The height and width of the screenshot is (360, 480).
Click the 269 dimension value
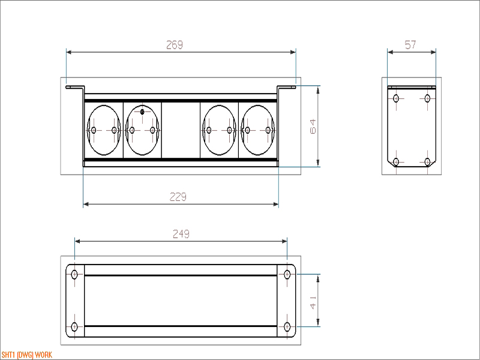175,45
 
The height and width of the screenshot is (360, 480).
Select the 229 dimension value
178,197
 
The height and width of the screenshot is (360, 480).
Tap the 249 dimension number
181,234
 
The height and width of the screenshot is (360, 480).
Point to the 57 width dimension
410,45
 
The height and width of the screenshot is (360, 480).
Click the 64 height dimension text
313,127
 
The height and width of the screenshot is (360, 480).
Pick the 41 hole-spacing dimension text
313,302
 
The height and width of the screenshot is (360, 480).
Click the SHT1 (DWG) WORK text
26,355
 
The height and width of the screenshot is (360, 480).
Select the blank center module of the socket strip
181,130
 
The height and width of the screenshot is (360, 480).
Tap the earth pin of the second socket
142,112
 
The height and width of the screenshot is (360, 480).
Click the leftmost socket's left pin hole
94,130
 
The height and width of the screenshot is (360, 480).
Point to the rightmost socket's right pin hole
268,130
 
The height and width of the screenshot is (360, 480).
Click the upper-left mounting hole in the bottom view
74,274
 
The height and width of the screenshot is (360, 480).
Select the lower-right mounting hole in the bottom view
287,326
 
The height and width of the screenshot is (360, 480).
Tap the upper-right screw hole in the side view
427,98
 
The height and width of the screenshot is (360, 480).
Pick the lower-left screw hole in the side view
396,161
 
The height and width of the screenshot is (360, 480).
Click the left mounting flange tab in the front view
74,87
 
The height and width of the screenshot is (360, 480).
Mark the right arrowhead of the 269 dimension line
293,52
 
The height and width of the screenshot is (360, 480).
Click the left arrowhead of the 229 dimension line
86,204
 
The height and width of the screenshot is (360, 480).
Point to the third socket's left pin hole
209,130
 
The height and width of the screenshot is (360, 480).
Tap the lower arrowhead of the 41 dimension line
318,323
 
